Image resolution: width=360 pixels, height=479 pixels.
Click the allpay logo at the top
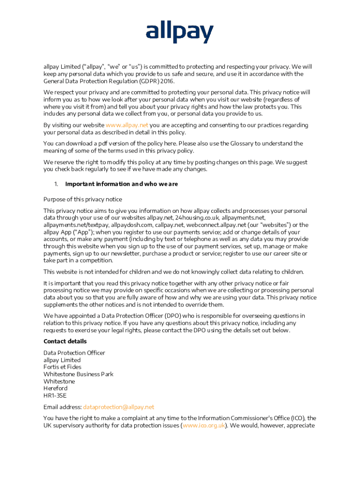pyautogui.click(x=180, y=33)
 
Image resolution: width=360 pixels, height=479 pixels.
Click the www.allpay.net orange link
pyautogui.click(x=127, y=125)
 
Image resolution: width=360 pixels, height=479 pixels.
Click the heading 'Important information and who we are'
pyautogui.click(x=122, y=184)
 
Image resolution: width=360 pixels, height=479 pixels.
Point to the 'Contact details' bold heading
pyautogui.click(x=65, y=341)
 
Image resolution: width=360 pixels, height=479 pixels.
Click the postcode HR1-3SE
pyautogui.click(x=55, y=395)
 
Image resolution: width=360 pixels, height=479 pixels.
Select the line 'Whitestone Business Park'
pyautogui.click(x=78, y=374)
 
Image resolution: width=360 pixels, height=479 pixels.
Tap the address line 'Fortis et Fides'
pyautogui.click(x=62, y=367)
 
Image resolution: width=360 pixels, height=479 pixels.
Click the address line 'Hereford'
pyautogui.click(x=55, y=388)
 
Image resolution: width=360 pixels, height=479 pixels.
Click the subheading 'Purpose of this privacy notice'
pyautogui.click(x=83, y=199)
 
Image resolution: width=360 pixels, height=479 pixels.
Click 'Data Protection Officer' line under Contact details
pyautogui.click(x=74, y=353)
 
